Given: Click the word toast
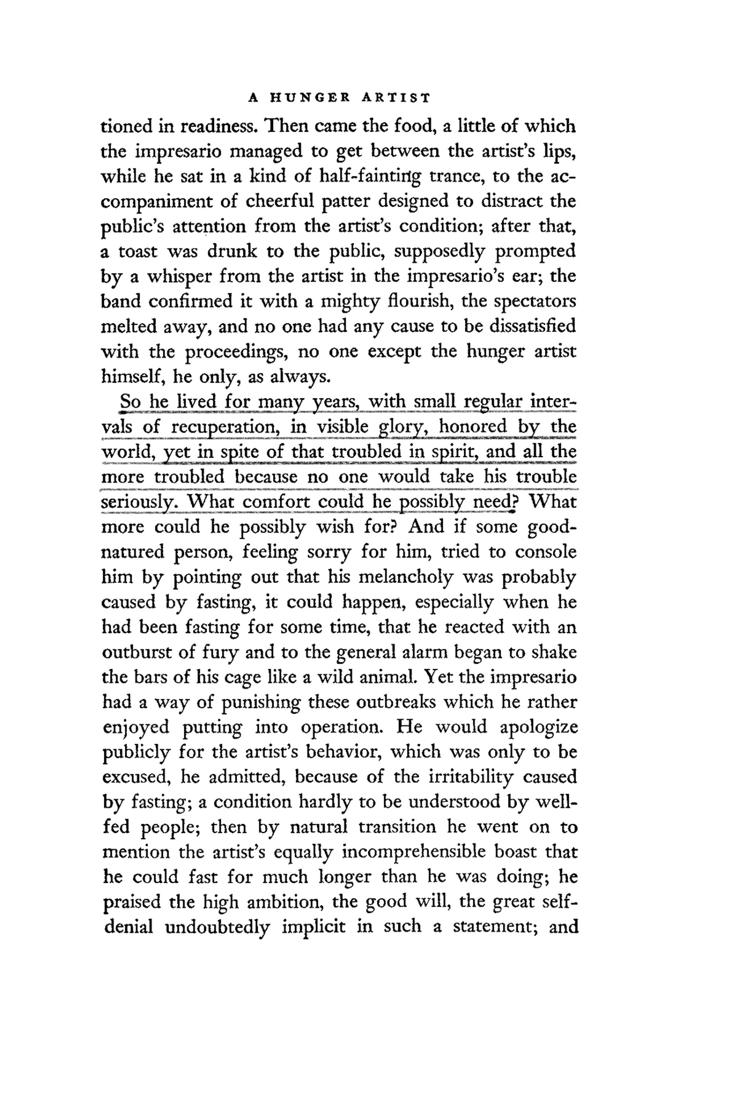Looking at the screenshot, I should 137,251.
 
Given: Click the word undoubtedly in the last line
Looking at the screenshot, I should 218,926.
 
